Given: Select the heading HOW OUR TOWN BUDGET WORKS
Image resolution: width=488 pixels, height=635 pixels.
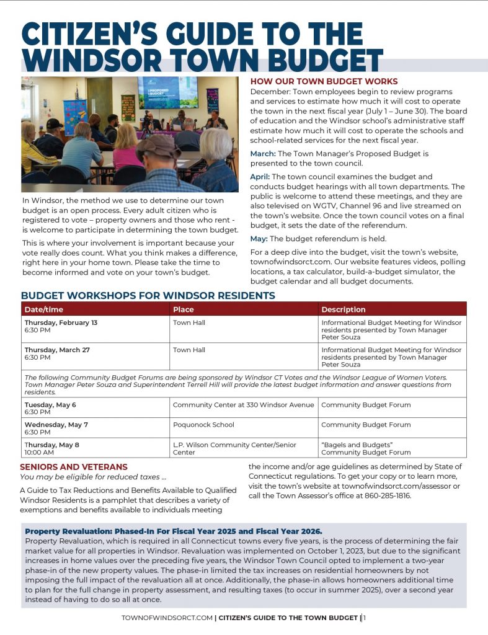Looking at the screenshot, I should coord(324,81).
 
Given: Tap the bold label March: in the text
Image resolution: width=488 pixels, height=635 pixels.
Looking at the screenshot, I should coord(264,153).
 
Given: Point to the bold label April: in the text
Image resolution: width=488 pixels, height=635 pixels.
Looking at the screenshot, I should coord(260,177).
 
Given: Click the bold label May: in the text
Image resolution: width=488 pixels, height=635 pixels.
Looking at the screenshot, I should coord(259,239).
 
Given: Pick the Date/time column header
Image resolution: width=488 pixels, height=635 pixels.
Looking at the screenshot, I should coord(44,309).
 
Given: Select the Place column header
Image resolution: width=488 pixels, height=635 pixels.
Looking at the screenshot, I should coord(184,309).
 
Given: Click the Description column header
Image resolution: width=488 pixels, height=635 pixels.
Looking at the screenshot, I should coord(343,309).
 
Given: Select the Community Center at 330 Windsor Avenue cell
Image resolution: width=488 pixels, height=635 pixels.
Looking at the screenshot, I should coord(243,405).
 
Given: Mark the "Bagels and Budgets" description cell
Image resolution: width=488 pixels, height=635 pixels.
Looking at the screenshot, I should coord(366,448).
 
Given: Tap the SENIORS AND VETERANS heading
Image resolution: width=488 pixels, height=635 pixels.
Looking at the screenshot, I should coord(74,467).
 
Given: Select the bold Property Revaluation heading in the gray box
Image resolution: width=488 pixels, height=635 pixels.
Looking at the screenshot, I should coord(173,531).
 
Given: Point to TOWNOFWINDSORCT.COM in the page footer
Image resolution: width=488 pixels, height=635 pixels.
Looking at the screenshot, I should coord(167,618).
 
